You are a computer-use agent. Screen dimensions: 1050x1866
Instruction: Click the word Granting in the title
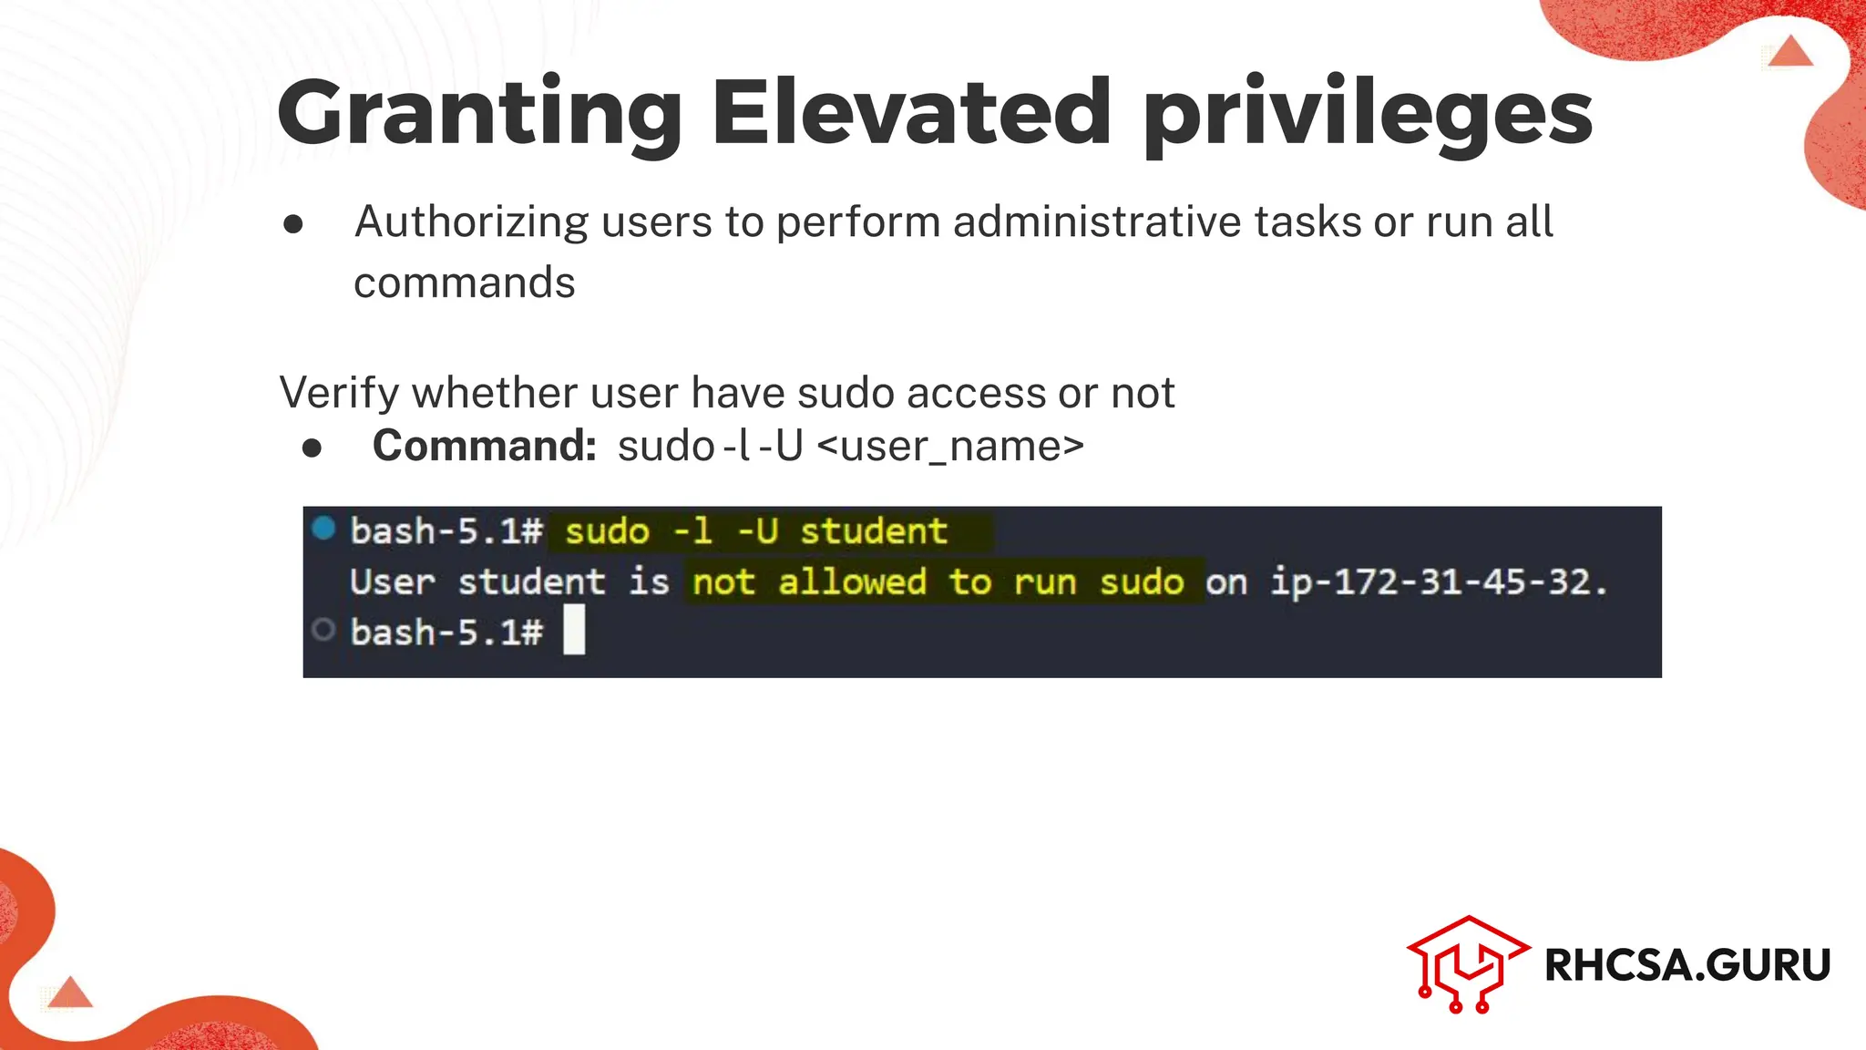pyautogui.click(x=479, y=114)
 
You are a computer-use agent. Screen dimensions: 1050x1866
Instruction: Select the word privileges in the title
pyautogui.click(x=1367, y=114)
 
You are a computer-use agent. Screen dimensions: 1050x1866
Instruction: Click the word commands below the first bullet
pyautogui.click(x=464, y=283)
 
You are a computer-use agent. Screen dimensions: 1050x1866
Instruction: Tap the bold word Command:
pyautogui.click(x=484, y=447)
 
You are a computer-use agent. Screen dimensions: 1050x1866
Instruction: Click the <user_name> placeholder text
pyautogui.click(x=950, y=447)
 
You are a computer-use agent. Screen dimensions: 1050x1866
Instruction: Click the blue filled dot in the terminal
pyautogui.click(x=323, y=529)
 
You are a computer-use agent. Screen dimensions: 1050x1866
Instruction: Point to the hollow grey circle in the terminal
pyautogui.click(x=323, y=630)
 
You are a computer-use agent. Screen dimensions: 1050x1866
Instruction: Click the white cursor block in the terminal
pyautogui.click(x=574, y=632)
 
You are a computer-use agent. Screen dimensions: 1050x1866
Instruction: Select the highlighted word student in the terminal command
pyautogui.click(x=873, y=531)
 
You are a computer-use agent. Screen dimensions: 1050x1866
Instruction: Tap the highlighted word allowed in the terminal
pyautogui.click(x=852, y=582)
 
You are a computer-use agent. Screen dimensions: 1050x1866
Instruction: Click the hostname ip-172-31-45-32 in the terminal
pyautogui.click(x=1430, y=582)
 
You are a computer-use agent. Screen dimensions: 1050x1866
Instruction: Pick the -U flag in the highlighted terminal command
pyautogui.click(x=757, y=531)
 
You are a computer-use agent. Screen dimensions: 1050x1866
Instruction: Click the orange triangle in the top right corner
pyautogui.click(x=1791, y=51)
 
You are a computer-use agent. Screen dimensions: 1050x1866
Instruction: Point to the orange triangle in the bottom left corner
pyautogui.click(x=70, y=993)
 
